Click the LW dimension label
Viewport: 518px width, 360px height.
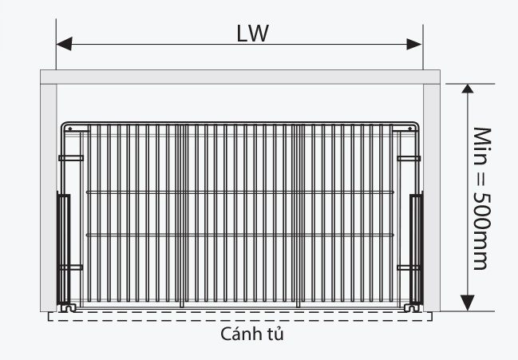tap(253, 34)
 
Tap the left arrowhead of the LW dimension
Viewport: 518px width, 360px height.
tap(64, 44)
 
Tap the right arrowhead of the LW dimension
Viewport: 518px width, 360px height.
tap(414, 44)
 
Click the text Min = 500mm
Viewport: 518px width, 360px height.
tap(482, 199)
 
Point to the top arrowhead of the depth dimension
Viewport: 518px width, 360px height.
tap(468, 89)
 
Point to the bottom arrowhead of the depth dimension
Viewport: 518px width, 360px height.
tap(468, 303)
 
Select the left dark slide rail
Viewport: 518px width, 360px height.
tap(63, 249)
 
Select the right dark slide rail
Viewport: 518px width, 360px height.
tap(417, 249)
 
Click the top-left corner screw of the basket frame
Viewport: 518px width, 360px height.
tap(69, 129)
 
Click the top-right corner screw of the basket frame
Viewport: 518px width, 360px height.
tap(410, 129)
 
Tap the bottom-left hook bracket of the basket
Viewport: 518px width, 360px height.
tap(69, 308)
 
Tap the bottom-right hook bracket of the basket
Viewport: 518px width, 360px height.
tap(412, 308)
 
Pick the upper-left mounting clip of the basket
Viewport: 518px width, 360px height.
tap(71, 158)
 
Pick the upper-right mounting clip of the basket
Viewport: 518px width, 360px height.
tap(409, 159)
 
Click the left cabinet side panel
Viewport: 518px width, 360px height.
tap(49, 197)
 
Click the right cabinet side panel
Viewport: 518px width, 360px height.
tap(432, 197)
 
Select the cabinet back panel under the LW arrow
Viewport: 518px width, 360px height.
tap(240, 77)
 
